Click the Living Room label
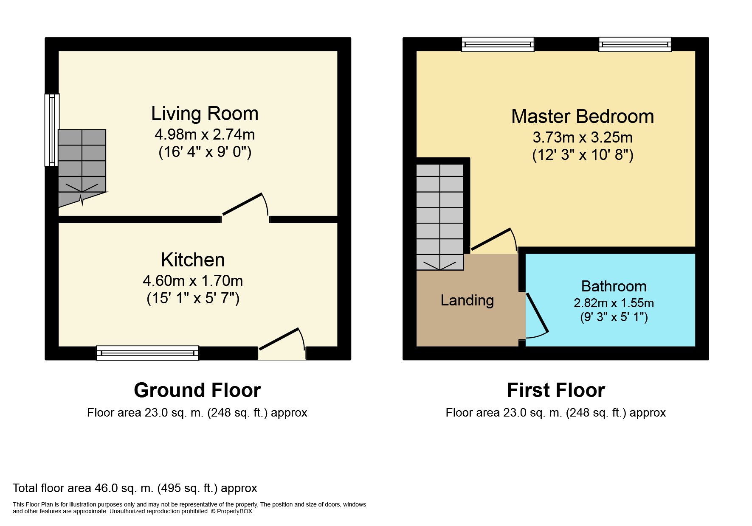(205, 114)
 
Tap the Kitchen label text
(193, 260)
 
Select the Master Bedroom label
(583, 116)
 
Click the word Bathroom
(614, 286)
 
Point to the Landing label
(467, 300)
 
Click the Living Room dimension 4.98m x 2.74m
(205, 134)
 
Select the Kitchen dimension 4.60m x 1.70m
(193, 281)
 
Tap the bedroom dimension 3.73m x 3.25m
(583, 137)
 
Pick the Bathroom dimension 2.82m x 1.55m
(614, 303)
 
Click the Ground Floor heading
(197, 390)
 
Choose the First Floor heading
(556, 390)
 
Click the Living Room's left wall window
(52, 130)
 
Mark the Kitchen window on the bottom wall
(147, 353)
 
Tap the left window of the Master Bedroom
(498, 45)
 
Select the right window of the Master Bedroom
(635, 45)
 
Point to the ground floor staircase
(82, 168)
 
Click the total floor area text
(135, 488)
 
